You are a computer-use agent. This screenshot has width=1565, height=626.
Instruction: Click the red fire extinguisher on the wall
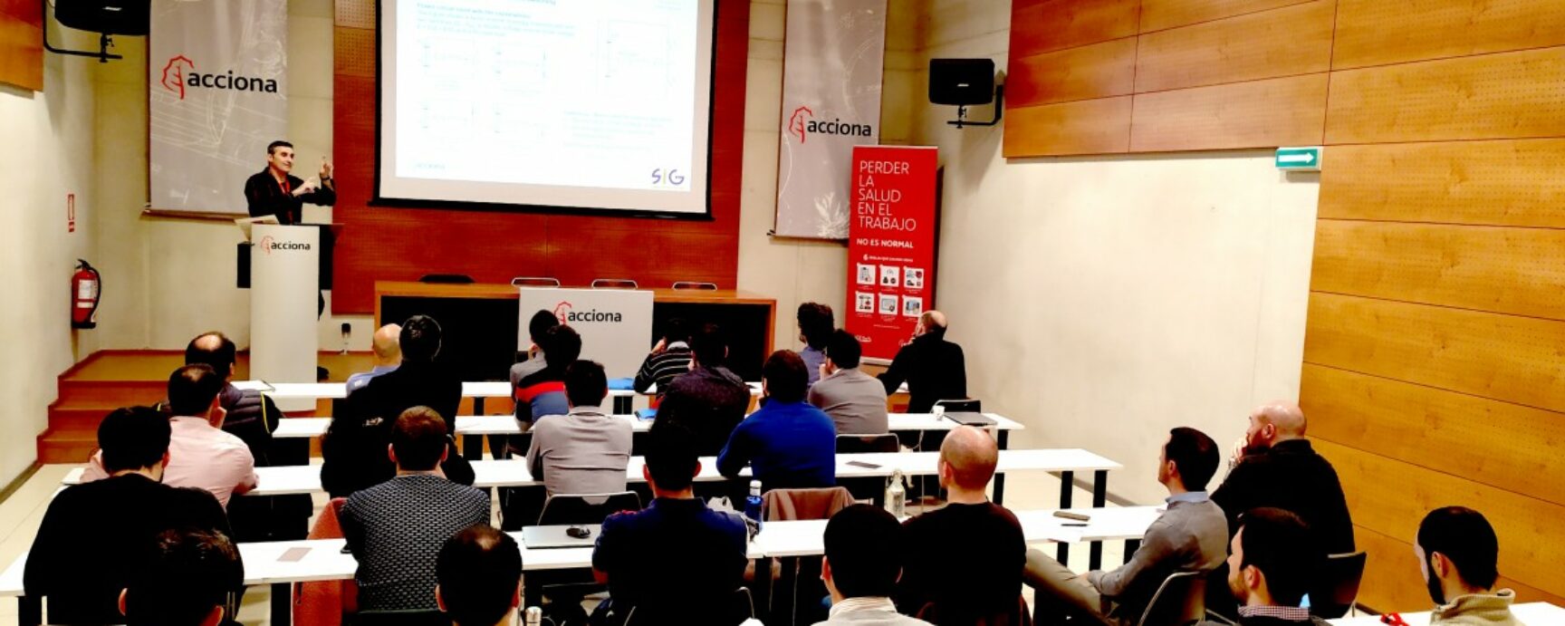coord(86,294)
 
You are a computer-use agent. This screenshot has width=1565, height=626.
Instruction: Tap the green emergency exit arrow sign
coord(1298,159)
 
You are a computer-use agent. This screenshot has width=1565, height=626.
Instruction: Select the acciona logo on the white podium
coord(285,245)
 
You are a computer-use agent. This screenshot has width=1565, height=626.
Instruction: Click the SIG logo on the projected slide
coord(667,177)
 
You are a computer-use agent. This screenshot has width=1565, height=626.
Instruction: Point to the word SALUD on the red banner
coord(879,196)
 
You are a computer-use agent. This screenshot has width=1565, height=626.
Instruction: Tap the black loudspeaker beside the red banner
coord(961,82)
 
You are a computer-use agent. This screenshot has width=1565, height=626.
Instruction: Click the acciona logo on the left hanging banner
coord(218,80)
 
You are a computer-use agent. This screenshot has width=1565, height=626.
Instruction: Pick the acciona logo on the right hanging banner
coord(830,126)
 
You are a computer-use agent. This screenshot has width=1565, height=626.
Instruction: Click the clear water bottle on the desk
coord(895,495)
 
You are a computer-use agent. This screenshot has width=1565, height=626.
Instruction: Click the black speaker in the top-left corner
coord(101,17)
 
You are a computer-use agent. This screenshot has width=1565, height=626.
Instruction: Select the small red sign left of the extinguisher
coord(72,212)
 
